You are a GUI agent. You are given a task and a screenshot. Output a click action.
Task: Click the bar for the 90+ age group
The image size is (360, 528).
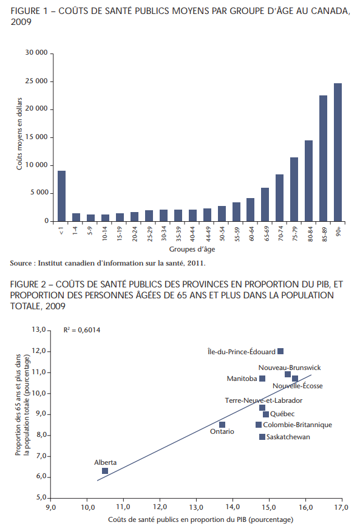point(338,153)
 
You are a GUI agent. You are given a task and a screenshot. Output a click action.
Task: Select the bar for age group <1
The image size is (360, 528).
point(61,196)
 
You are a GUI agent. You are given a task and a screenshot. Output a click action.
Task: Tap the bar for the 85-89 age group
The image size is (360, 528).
point(323,158)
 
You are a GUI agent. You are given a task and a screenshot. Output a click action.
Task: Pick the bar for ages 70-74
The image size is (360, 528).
point(280,197)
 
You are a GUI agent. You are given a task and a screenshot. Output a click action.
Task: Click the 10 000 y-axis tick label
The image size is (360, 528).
point(36,165)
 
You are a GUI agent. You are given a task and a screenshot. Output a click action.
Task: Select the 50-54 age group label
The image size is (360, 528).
point(222,234)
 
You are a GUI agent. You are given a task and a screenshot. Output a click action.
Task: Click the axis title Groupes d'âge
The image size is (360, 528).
point(192,249)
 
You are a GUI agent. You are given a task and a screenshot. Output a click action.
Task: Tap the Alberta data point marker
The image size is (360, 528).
point(105,471)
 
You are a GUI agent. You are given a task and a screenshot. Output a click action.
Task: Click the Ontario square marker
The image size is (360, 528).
point(222,425)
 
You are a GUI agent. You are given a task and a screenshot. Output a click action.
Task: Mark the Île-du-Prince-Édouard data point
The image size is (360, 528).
point(280,351)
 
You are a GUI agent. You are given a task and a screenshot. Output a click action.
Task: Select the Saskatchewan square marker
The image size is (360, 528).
point(262,437)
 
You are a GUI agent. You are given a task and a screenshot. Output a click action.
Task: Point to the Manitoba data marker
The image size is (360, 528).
point(262,379)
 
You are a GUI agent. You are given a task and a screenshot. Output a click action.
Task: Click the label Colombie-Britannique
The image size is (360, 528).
point(297,425)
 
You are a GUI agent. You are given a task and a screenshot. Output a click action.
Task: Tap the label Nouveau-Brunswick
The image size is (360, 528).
point(290,368)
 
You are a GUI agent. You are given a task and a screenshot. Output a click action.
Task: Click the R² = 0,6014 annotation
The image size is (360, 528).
point(82,330)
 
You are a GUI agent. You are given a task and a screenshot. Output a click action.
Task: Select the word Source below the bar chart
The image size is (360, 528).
point(21,263)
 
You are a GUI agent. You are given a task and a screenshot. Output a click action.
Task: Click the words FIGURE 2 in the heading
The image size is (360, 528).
point(29,284)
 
